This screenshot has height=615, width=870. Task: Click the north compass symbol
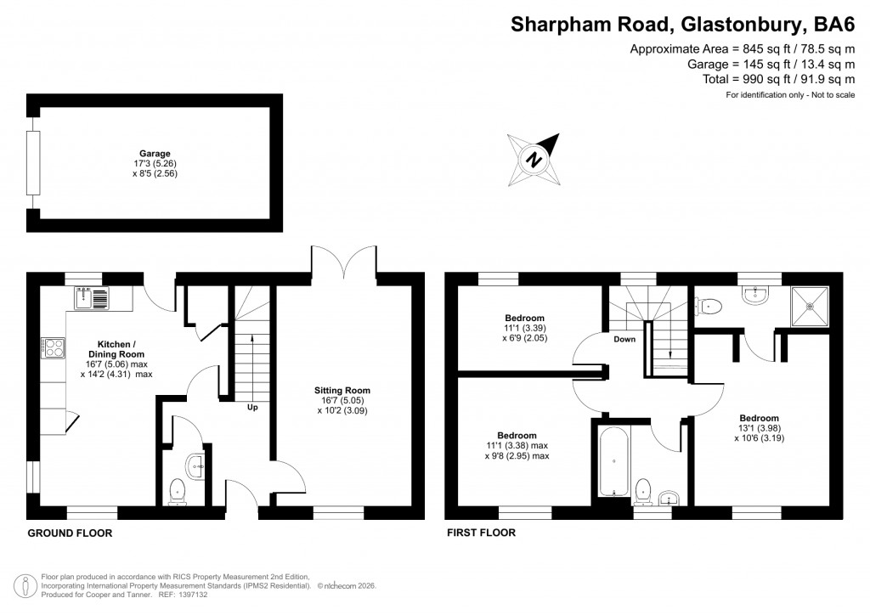pyautogui.click(x=534, y=159)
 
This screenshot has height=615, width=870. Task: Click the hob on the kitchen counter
pyautogui.click(x=51, y=347)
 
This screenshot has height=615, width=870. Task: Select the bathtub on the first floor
pyautogui.click(x=613, y=464)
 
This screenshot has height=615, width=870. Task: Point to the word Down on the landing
pyautogui.click(x=624, y=338)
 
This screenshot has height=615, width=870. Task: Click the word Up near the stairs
pyautogui.click(x=252, y=407)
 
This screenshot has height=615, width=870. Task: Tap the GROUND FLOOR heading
pyautogui.click(x=70, y=533)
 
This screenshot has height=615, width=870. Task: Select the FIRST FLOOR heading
pyautogui.click(x=482, y=533)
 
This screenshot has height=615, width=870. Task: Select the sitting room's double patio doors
pyautogui.click(x=344, y=262)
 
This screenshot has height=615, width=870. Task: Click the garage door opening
pyautogui.click(x=34, y=163)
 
